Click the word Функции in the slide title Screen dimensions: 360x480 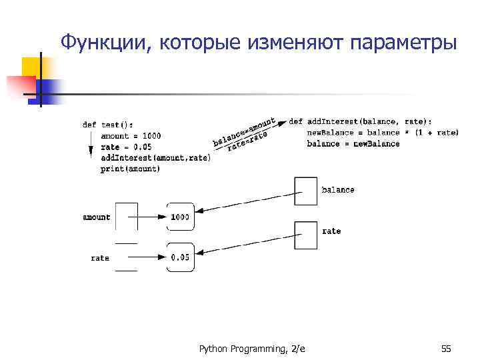106,43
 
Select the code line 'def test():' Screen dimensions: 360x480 107,125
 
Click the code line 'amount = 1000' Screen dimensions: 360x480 131,136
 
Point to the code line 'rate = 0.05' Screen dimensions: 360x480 126,147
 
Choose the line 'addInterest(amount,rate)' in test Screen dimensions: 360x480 155,158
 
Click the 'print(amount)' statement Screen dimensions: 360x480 131,169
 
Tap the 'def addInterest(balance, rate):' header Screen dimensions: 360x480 360,121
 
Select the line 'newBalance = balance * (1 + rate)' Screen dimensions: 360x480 383,133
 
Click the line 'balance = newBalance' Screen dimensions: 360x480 353,143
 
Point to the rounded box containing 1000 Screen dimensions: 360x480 180,217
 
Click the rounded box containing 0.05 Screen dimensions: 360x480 180,257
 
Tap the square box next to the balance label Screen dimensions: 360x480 305,191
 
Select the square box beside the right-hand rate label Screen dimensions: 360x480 305,235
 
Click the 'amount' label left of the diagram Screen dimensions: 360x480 97,217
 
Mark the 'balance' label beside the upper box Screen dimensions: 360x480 338,190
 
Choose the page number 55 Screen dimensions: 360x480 446,349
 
